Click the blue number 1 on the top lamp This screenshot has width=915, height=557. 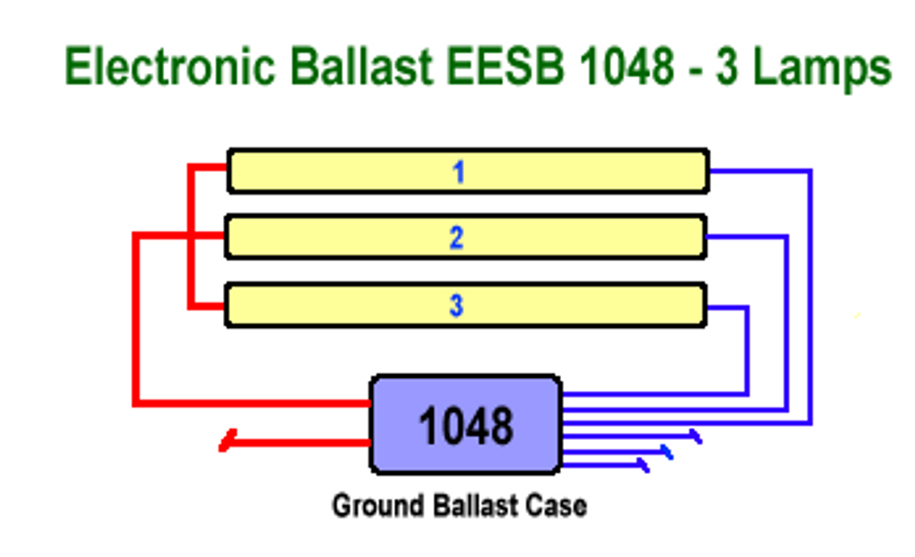pyautogui.click(x=458, y=172)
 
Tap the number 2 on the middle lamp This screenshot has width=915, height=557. pyautogui.click(x=457, y=238)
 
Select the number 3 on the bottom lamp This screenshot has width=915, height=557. pyautogui.click(x=457, y=306)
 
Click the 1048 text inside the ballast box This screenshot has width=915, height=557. pyautogui.click(x=465, y=426)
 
